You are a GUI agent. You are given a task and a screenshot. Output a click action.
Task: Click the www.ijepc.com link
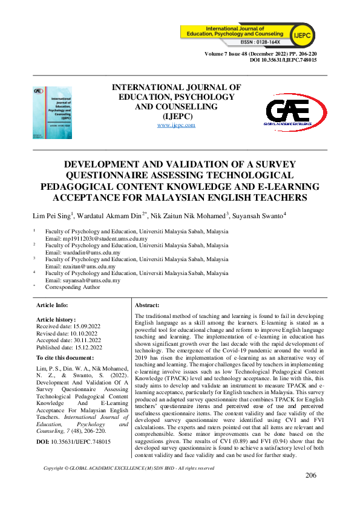(176, 125)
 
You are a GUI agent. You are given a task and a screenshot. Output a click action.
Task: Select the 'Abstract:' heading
(147, 306)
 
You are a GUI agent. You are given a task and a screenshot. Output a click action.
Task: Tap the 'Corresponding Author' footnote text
(75, 288)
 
